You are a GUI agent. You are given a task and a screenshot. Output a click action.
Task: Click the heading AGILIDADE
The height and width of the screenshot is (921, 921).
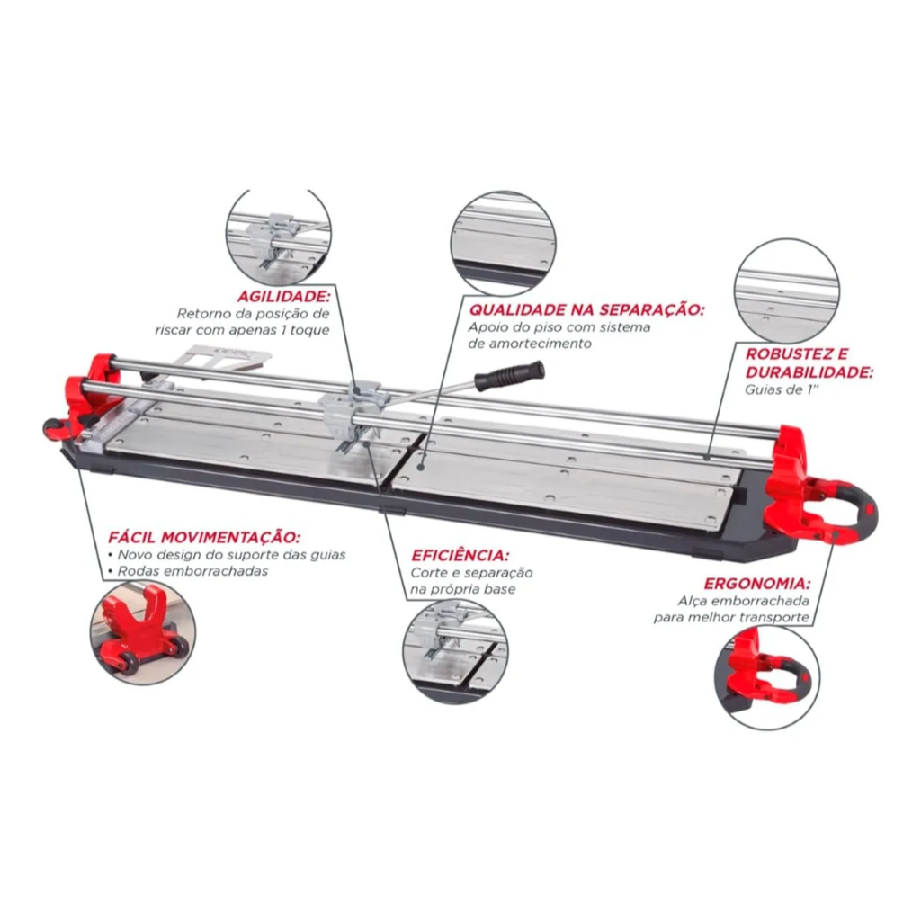pyautogui.click(x=284, y=295)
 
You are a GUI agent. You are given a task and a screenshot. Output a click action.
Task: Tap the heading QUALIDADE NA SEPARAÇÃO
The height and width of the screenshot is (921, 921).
pyautogui.click(x=586, y=309)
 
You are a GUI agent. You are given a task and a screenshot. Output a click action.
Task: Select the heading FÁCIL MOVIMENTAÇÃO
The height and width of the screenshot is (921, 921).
pyautogui.click(x=204, y=538)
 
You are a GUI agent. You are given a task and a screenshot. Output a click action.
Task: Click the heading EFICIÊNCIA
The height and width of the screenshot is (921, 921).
pyautogui.click(x=460, y=555)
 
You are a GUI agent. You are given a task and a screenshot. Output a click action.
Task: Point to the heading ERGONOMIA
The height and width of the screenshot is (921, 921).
pyautogui.click(x=757, y=584)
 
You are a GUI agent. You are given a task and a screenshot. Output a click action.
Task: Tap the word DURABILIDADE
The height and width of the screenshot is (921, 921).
pyautogui.click(x=809, y=372)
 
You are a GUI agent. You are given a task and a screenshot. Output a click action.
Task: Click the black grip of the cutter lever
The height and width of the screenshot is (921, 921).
pyautogui.click(x=510, y=375)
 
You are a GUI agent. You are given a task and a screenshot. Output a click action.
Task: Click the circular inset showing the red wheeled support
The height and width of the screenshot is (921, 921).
pyautogui.click(x=143, y=634)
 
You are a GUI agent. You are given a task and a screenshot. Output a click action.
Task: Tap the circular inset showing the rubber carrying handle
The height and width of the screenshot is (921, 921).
pyautogui.click(x=766, y=677)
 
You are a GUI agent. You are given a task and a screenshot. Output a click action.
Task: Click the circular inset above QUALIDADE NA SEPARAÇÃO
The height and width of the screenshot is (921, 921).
pyautogui.click(x=504, y=243)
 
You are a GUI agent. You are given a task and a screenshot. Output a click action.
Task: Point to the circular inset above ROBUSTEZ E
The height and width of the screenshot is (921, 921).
pyautogui.click(x=786, y=291)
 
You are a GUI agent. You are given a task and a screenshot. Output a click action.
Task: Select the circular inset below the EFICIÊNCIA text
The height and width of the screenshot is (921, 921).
pyautogui.click(x=456, y=652)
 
